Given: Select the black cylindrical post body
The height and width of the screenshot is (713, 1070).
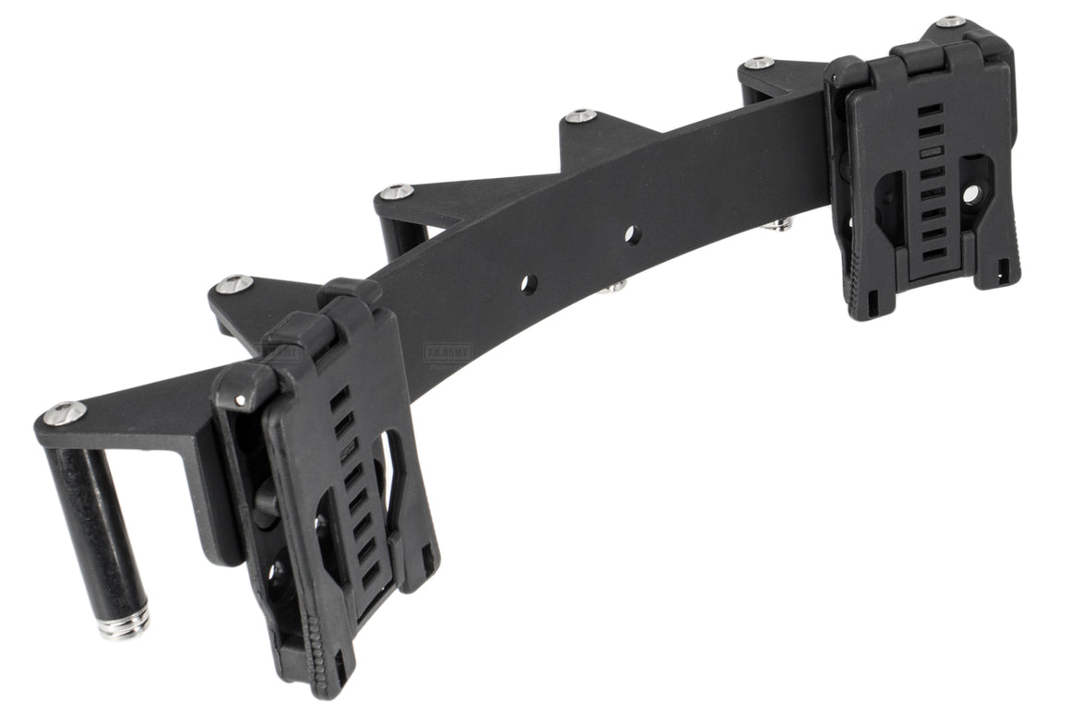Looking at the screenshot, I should click(92, 526).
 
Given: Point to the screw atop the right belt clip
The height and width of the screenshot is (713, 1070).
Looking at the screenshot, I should click(950, 22).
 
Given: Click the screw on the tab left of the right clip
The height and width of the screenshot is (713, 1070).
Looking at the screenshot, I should click(758, 64).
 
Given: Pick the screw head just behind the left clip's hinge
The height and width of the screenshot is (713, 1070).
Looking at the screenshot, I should click(232, 283).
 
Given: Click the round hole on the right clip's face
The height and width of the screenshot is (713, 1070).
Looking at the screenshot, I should click(971, 194).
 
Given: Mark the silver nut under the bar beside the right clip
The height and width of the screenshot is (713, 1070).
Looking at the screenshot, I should click(782, 223).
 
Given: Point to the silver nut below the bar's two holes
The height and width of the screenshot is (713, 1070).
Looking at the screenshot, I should click(612, 288).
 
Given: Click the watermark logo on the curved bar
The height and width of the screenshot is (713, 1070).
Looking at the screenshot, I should click(447, 352).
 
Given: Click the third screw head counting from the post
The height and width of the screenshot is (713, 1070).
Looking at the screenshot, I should click(397, 192).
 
